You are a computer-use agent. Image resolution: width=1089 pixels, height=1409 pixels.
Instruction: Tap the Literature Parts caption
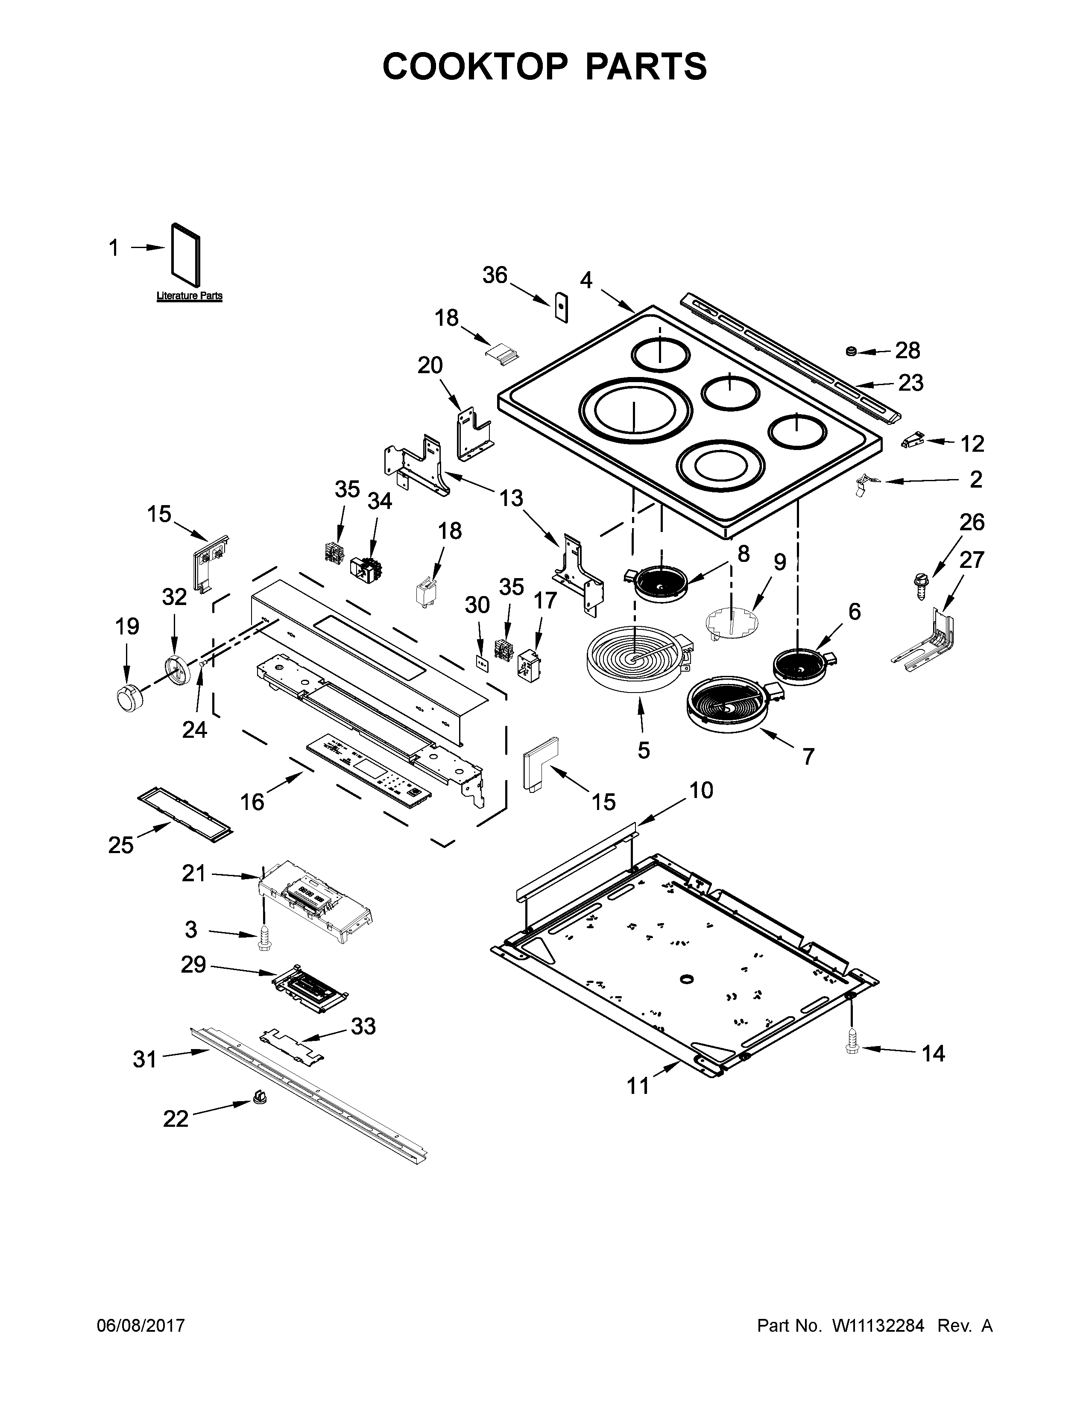click(189, 296)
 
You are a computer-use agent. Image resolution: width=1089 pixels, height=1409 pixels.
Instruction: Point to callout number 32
click(174, 597)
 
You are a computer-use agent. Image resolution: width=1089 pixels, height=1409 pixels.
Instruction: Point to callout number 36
click(495, 275)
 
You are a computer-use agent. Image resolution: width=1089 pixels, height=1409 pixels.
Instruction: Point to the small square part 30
click(480, 662)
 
